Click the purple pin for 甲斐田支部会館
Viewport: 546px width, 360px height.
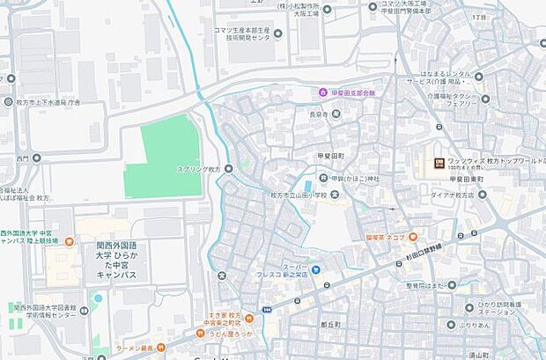tap(323, 92)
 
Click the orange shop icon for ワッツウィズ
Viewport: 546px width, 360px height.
tap(439, 162)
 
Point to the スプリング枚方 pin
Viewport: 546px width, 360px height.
tap(229, 169)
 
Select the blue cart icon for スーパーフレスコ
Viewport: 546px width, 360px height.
tap(316, 269)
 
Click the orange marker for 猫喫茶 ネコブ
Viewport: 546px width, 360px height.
tap(412, 237)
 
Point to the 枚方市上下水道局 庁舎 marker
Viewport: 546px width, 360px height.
tap(10, 78)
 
